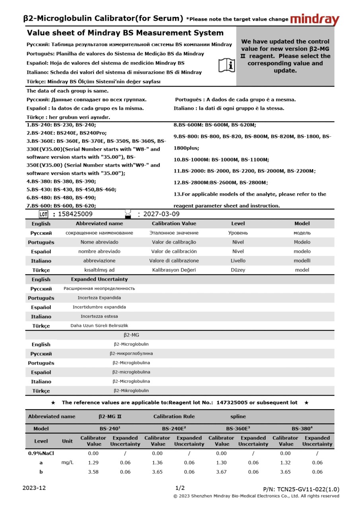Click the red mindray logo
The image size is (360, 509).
[x=315, y=19]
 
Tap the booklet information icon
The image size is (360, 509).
[x=227, y=65]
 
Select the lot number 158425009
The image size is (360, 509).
[x=75, y=214]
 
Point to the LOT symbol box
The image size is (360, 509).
[x=43, y=214]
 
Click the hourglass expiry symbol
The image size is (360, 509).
[x=128, y=214]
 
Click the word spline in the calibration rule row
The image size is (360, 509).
[x=238, y=416]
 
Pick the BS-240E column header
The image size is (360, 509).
[x=174, y=429]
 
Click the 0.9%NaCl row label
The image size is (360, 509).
[x=41, y=453]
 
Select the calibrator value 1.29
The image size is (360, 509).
[x=93, y=462]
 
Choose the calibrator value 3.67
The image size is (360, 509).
[x=221, y=472]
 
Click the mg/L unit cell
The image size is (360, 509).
[x=67, y=462]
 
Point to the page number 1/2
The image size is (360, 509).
[x=180, y=488]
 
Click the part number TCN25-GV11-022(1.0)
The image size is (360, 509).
[x=301, y=489]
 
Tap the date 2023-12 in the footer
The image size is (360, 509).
[x=34, y=488]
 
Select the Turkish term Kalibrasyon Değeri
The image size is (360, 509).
[x=174, y=270]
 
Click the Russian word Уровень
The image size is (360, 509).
[x=238, y=233]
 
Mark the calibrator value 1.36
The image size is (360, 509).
[x=157, y=462]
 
